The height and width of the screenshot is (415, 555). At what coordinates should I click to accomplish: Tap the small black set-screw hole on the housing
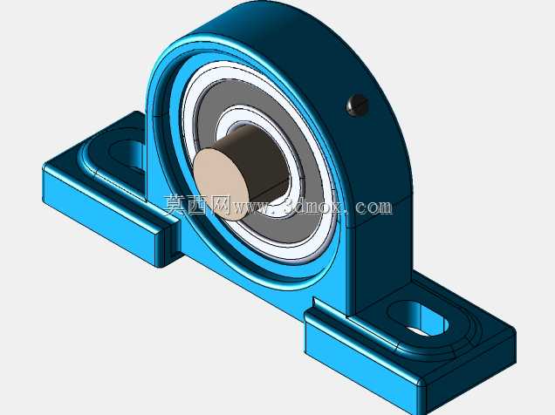click(x=358, y=105)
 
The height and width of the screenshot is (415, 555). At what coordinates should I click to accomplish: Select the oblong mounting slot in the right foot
click(x=418, y=319)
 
